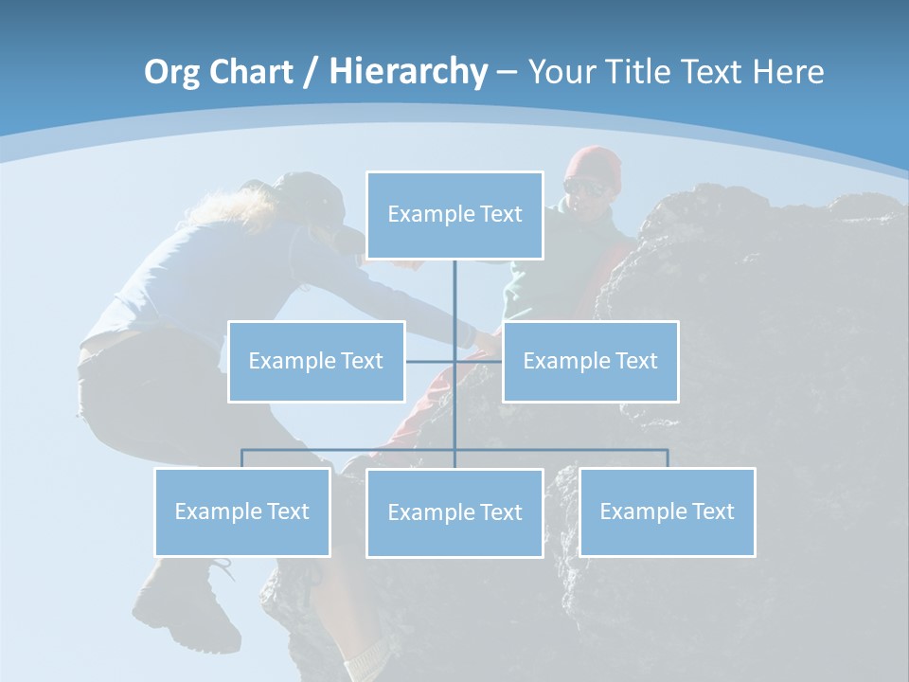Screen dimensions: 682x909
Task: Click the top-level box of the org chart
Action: [454, 214]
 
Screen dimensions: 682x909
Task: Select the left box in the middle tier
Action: [316, 361]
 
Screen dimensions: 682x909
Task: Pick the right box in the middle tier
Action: [590, 361]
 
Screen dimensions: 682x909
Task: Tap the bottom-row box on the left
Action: [242, 511]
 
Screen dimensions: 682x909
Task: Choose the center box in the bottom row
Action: [454, 512]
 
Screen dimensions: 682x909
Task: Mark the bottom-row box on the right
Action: [667, 511]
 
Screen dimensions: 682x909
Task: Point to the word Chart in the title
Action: [250, 72]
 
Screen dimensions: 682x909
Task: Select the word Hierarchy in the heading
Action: [408, 72]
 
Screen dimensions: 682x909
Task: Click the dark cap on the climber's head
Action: [312, 194]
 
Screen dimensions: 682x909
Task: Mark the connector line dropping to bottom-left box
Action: [242, 458]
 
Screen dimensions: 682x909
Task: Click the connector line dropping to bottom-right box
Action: [668, 458]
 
